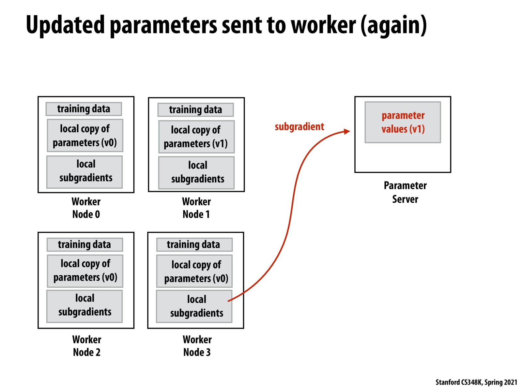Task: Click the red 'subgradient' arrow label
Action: pos(299,126)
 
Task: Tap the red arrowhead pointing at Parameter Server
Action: pos(347,131)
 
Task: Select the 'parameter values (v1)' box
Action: pos(403,122)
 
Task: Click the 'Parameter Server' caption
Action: pos(405,192)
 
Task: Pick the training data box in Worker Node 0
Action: pos(84,109)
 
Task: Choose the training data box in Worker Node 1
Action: pos(195,110)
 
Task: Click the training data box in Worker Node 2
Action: pos(84,244)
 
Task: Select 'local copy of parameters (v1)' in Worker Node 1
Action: pos(196,137)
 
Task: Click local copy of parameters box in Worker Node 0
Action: pos(85,136)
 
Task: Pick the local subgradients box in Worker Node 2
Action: pos(84,305)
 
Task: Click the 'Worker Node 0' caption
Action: pos(86,208)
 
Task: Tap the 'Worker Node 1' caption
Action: pos(196,208)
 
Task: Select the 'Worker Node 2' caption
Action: pos(87,346)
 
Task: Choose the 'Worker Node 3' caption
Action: pos(197,346)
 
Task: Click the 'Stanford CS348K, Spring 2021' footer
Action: pos(476,382)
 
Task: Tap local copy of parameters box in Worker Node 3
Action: pos(196,271)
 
